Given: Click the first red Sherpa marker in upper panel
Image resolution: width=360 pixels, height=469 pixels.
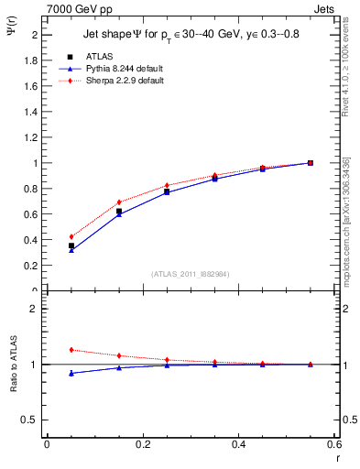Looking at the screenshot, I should (x=71, y=236).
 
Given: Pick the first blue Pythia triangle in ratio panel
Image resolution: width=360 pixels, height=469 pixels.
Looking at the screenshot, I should (x=71, y=373).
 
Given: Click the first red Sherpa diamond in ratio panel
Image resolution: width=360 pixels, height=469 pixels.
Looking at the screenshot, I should (x=71, y=350).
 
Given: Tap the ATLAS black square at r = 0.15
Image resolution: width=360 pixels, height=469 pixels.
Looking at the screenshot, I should (x=119, y=212).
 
